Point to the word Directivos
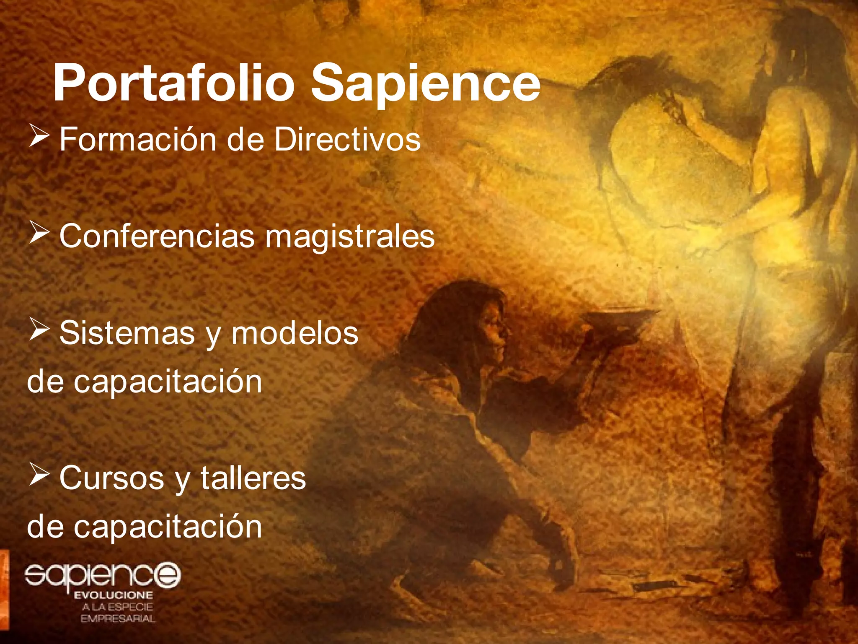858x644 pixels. pos(347,140)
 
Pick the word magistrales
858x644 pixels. pos(350,236)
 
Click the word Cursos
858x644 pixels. pos(111,478)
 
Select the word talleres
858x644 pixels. pos(253,478)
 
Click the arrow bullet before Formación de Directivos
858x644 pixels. pos(39,138)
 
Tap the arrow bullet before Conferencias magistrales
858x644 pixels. pos(39,234)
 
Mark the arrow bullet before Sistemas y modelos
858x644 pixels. pos(39,331)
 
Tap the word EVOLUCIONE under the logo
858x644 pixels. pos(114,595)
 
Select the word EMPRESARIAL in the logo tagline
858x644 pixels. pos(118,619)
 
